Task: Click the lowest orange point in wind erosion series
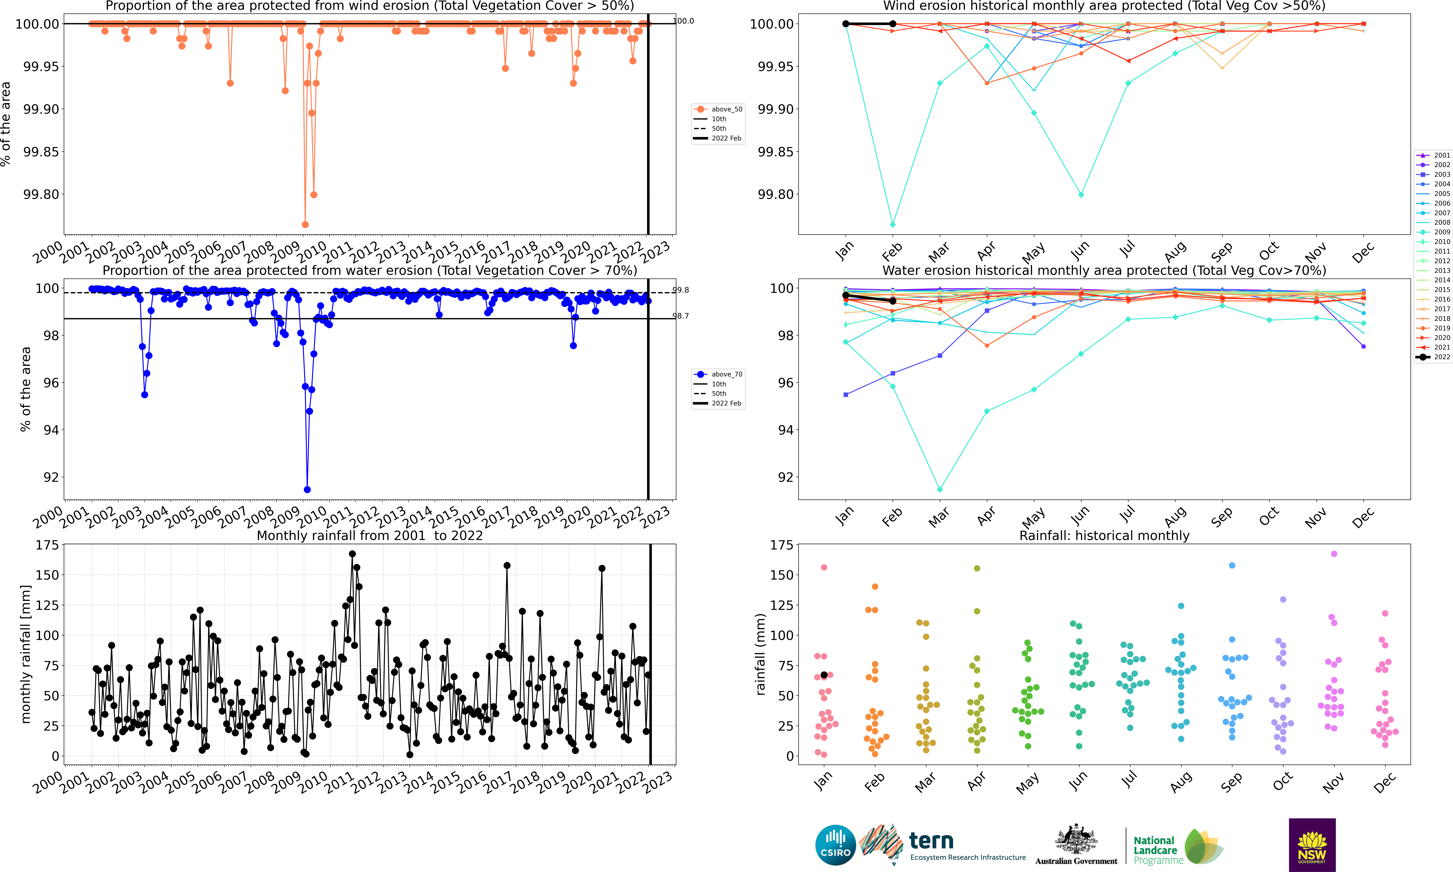305,225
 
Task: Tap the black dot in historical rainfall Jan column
824,675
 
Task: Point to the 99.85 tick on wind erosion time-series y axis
41,152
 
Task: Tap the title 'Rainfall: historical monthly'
1104,535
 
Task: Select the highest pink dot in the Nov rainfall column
1334,553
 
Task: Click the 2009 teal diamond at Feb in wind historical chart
892,225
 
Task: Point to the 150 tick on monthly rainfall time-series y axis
47,575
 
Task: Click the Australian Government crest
1076,839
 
